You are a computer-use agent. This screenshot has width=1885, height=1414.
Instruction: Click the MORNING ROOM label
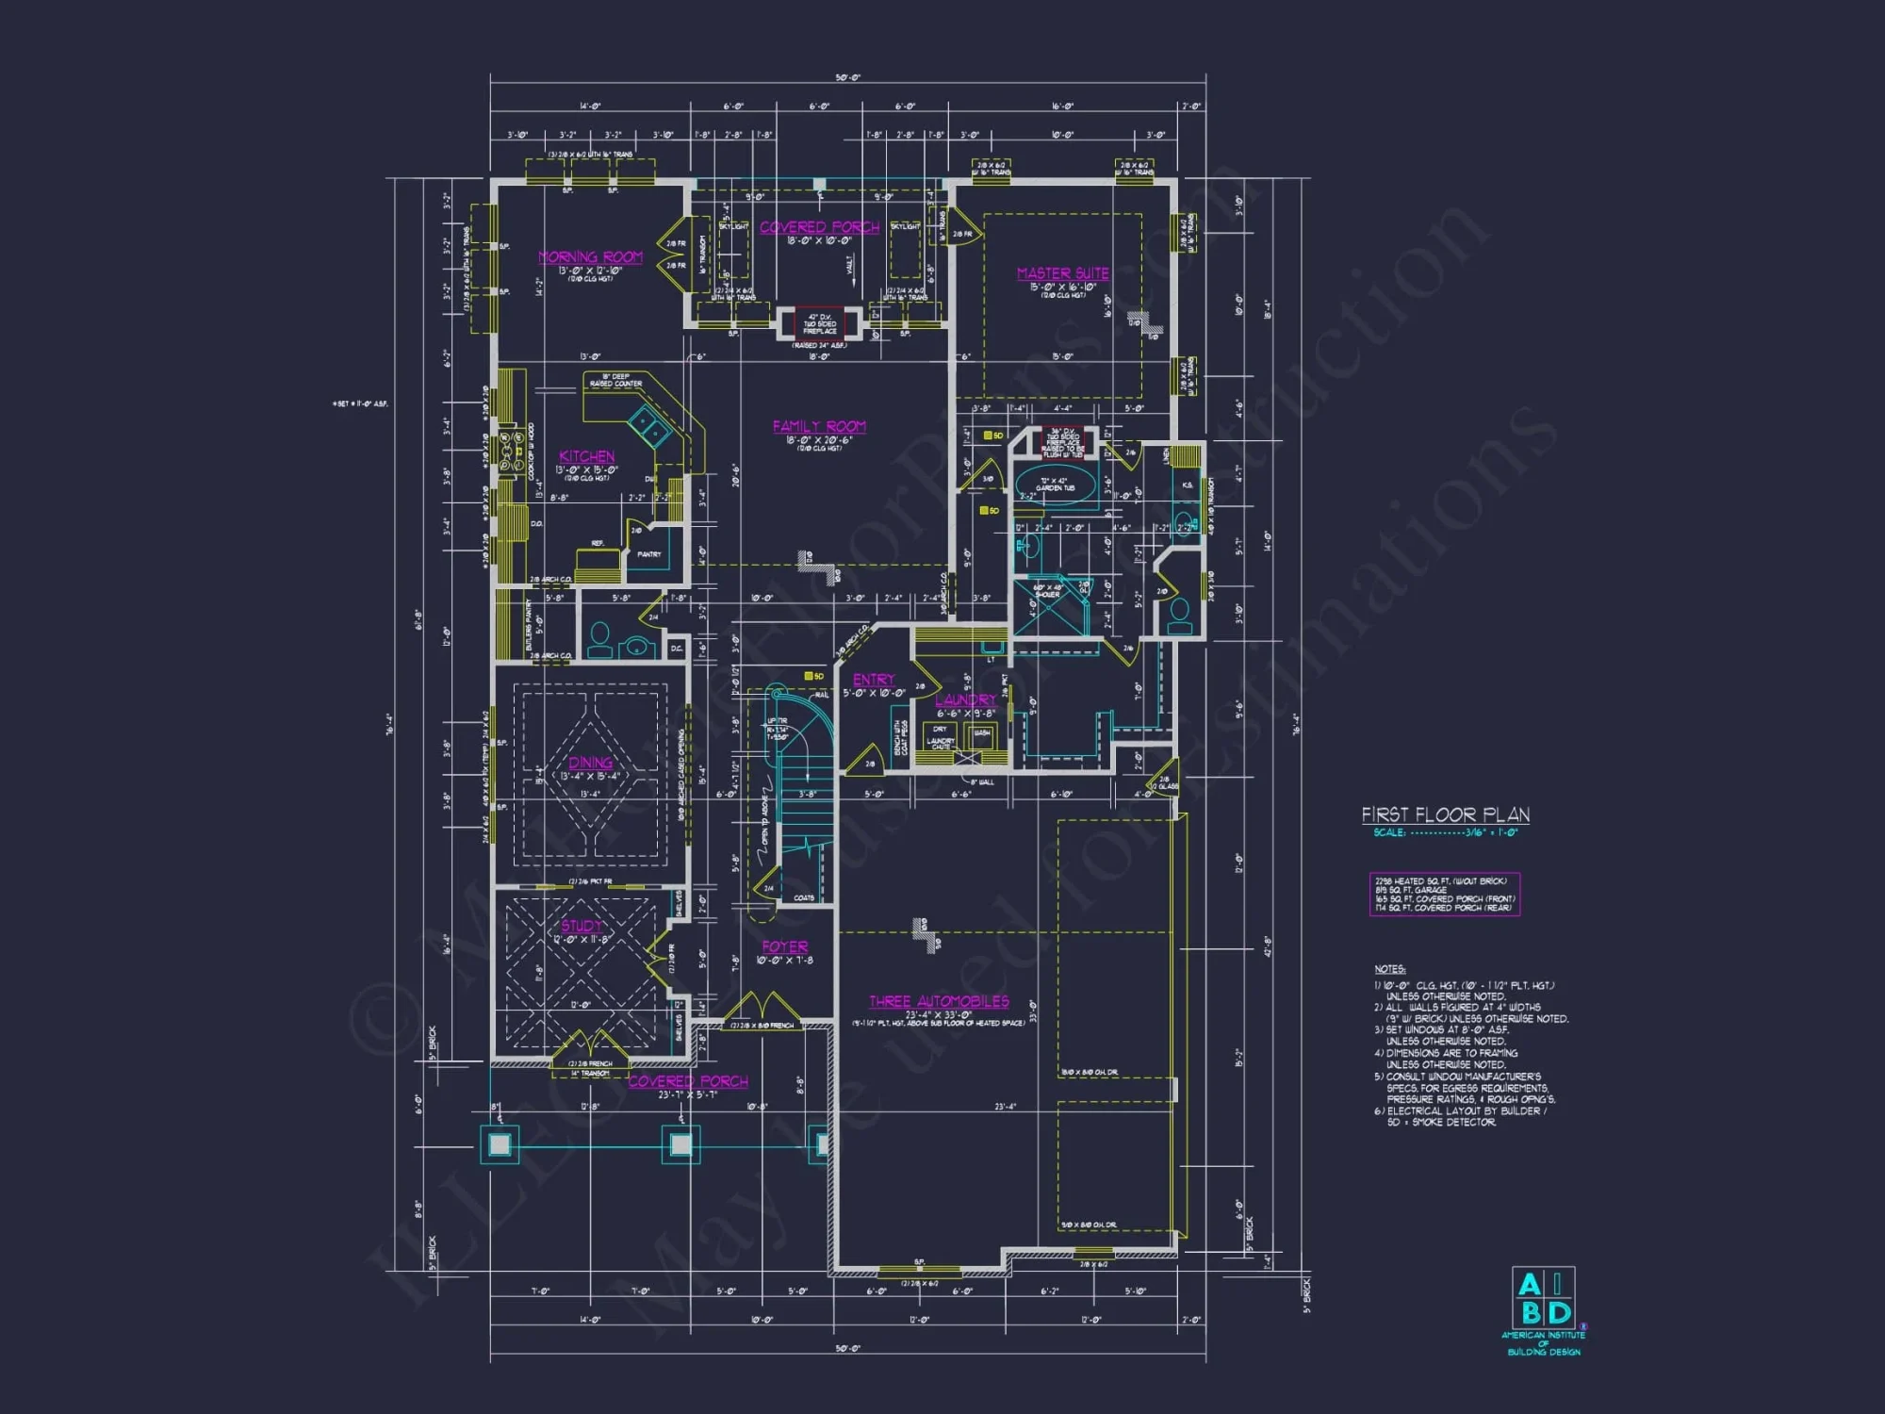[x=590, y=256]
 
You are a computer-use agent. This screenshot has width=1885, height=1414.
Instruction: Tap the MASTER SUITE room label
[x=1062, y=273]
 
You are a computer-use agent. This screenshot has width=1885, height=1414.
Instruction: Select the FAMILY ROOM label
[x=818, y=426]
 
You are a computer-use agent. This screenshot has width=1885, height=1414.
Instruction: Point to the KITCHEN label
[x=586, y=456]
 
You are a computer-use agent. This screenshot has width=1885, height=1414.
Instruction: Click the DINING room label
[x=590, y=763]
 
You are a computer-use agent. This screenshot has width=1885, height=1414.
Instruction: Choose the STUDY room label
[x=582, y=926]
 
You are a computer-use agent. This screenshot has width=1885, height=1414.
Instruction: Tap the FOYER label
[x=784, y=946]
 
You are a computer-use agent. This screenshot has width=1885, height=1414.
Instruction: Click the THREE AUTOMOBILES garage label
[x=939, y=1001]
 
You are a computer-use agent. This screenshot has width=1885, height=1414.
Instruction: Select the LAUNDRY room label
[x=965, y=699]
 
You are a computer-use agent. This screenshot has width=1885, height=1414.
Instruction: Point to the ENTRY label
[x=873, y=680]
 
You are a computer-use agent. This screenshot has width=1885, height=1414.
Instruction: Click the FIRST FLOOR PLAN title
[x=1445, y=814]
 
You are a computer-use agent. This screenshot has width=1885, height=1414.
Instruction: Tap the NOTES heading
[x=1389, y=969]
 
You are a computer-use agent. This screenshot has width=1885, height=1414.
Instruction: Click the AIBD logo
[x=1544, y=1300]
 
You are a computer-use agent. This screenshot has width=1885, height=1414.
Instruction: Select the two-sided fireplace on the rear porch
[x=819, y=323]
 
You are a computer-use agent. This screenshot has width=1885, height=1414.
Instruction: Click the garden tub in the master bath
[x=1056, y=485]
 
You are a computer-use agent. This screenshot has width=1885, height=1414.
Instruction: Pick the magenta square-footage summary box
[x=1444, y=894]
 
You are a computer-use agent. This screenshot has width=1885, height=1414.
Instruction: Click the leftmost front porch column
[x=499, y=1144]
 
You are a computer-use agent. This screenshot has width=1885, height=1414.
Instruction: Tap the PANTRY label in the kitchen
[x=648, y=554]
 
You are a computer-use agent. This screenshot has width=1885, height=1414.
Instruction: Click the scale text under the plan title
[x=1445, y=832]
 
